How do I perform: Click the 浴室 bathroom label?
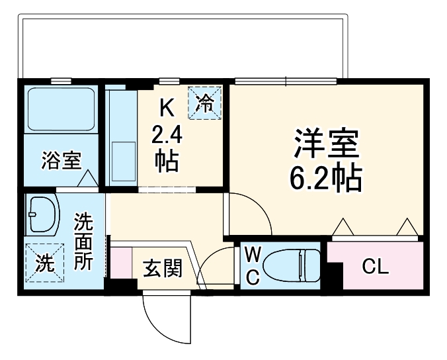click(x=62, y=160)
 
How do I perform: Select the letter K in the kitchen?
click(x=167, y=107)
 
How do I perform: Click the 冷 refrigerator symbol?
click(x=205, y=103)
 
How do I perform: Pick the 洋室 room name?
click(x=326, y=143)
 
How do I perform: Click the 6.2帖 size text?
click(x=326, y=177)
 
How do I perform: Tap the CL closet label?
click(x=376, y=268)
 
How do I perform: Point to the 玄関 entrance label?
click(x=162, y=269)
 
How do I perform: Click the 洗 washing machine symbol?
click(x=44, y=263)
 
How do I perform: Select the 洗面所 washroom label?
click(x=83, y=240)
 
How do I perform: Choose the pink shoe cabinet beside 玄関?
click(x=122, y=261)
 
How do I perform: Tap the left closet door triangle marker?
click(x=342, y=228)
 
